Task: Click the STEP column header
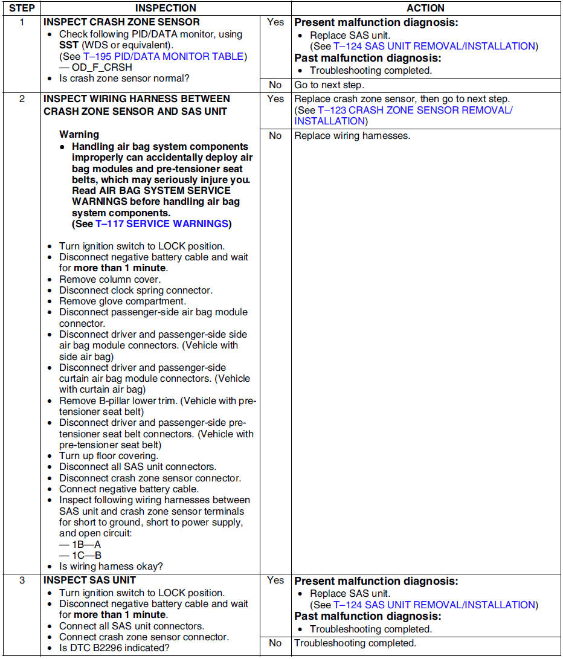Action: [x=21, y=8]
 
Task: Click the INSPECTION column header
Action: [x=165, y=8]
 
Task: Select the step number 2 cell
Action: [x=21, y=98]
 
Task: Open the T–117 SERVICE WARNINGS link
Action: [x=162, y=224]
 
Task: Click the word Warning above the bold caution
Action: [x=79, y=134]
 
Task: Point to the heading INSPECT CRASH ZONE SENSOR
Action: [x=121, y=22]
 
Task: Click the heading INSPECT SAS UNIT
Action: [x=90, y=580]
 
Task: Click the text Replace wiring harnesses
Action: [x=352, y=135]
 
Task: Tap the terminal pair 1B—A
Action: [x=86, y=544]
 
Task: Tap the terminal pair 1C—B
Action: [x=86, y=555]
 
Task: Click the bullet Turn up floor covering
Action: [x=109, y=456]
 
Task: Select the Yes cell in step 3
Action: [x=275, y=580]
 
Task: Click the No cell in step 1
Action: [x=275, y=85]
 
